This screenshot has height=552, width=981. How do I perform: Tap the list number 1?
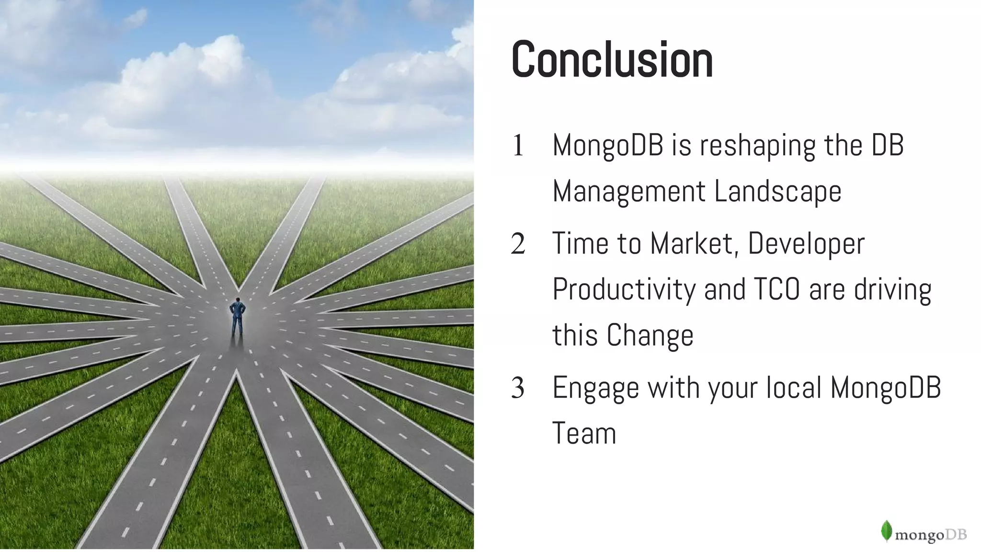coord(518,146)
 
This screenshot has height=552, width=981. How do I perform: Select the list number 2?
coord(518,244)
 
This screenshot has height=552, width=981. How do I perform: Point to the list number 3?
coord(518,388)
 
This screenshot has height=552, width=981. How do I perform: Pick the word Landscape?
coord(777,191)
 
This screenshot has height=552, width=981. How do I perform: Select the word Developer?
coord(806,244)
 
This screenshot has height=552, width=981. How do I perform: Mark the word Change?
coord(650,335)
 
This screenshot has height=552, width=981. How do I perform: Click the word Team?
coord(584,433)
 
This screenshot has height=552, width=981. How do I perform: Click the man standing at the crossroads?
coord(237,317)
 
